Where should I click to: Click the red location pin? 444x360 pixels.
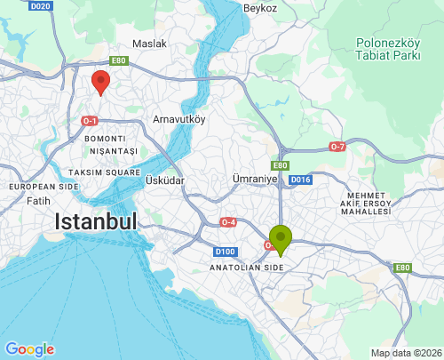pyautogui.click(x=101, y=82)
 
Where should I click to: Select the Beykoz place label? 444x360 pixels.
pyautogui.click(x=260, y=8)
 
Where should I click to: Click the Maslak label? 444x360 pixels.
pyautogui.click(x=149, y=43)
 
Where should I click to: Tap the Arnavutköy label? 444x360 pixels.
pyautogui.click(x=179, y=118)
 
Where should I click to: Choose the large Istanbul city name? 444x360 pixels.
pyautogui.click(x=96, y=221)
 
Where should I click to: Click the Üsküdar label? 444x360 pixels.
pyautogui.click(x=164, y=180)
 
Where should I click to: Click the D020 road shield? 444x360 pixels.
pyautogui.click(x=40, y=6)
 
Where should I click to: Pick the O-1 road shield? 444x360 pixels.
pyautogui.click(x=89, y=120)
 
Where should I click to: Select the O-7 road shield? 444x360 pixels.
pyautogui.click(x=337, y=146)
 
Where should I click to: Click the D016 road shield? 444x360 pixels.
pyautogui.click(x=301, y=180)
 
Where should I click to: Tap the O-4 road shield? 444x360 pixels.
pyautogui.click(x=228, y=221)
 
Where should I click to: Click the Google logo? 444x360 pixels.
pyautogui.click(x=29, y=349)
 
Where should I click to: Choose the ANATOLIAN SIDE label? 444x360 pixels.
pyautogui.click(x=246, y=267)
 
